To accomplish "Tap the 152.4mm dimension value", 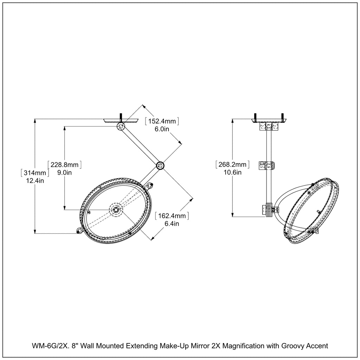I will pyautogui.click(x=162, y=121).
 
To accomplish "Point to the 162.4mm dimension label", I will pyautogui.click(x=172, y=216).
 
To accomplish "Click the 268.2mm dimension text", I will pyautogui.click(x=233, y=164).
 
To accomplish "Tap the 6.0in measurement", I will pyautogui.click(x=162, y=129).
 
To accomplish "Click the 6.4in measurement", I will pyautogui.click(x=172, y=224).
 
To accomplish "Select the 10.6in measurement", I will pyautogui.click(x=233, y=172).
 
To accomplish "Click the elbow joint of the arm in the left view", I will pyautogui.click(x=160, y=165).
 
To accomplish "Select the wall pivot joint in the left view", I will pyautogui.click(x=121, y=126).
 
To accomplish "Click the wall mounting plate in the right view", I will pyautogui.click(x=269, y=121).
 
